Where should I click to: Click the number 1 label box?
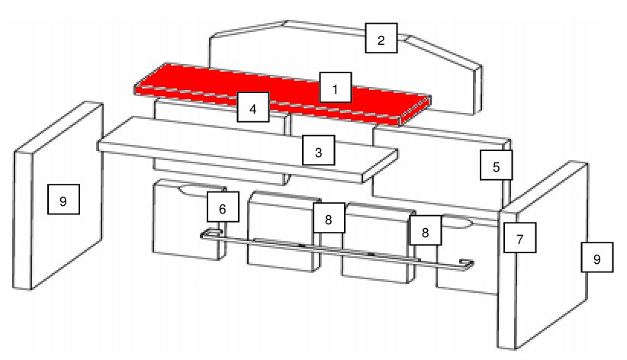point(336,88)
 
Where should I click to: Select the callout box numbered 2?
point(381,38)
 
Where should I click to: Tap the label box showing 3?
point(318,150)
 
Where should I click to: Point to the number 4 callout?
point(253,107)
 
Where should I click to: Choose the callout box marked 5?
point(497,166)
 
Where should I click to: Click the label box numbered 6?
point(223,207)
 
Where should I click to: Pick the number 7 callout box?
point(520,238)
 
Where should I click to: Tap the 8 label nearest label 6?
point(329,218)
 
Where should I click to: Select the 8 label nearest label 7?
point(426,230)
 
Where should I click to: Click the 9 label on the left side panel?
point(63,199)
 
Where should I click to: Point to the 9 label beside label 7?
point(597,257)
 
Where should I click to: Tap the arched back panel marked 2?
point(440,76)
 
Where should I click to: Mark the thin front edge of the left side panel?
point(23,220)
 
